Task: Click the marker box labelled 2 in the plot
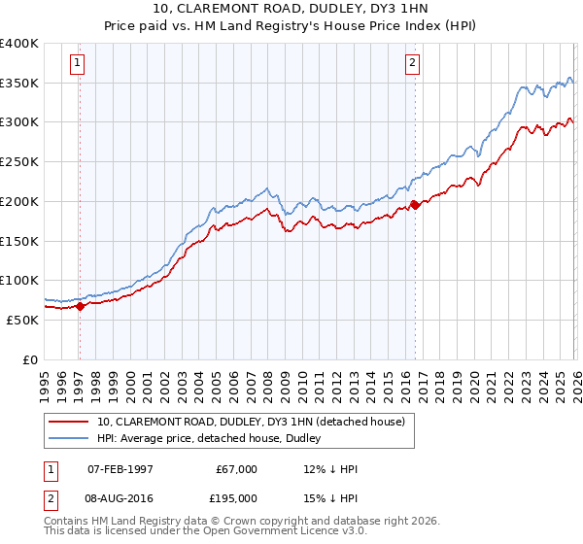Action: [413, 64]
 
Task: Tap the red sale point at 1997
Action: [80, 306]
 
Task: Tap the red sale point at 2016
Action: [415, 205]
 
